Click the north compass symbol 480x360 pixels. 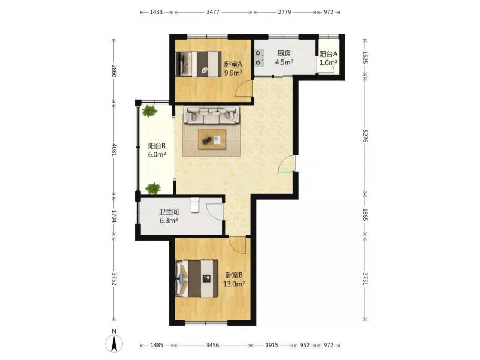[x=114, y=343]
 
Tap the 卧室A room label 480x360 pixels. [x=233, y=65]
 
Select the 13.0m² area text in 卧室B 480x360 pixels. [x=234, y=284]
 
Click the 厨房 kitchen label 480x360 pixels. [x=284, y=53]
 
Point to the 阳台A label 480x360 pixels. [x=328, y=54]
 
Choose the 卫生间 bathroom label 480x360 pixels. [x=169, y=212]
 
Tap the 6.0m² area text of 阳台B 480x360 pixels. [x=157, y=155]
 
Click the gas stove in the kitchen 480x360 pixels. [x=259, y=58]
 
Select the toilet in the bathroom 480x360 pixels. [x=195, y=205]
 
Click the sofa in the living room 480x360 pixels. [x=212, y=115]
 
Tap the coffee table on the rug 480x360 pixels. [x=212, y=139]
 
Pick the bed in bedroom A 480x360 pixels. [x=199, y=64]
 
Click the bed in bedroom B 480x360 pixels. [x=197, y=278]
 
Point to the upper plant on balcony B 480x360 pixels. [x=149, y=111]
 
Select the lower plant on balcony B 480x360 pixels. [x=153, y=188]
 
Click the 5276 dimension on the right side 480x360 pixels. [x=365, y=136]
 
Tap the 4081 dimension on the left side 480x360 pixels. [x=114, y=150]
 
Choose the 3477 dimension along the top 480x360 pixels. [x=213, y=12]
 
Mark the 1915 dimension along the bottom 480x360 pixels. [x=272, y=346]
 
